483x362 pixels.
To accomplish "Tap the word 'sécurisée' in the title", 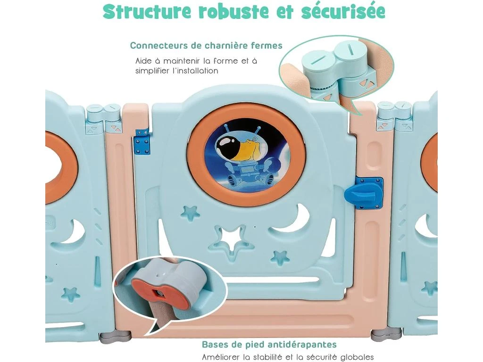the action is tap(343, 11).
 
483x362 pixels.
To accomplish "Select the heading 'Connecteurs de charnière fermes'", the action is tap(206, 46).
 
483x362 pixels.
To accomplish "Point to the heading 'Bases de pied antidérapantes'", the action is tap(269, 344).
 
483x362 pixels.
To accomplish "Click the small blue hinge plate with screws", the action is tap(142, 141).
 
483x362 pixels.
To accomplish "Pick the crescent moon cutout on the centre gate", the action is tap(291, 220).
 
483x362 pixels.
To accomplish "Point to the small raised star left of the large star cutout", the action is tap(190, 213).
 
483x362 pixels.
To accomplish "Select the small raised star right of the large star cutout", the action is tap(280, 257).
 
